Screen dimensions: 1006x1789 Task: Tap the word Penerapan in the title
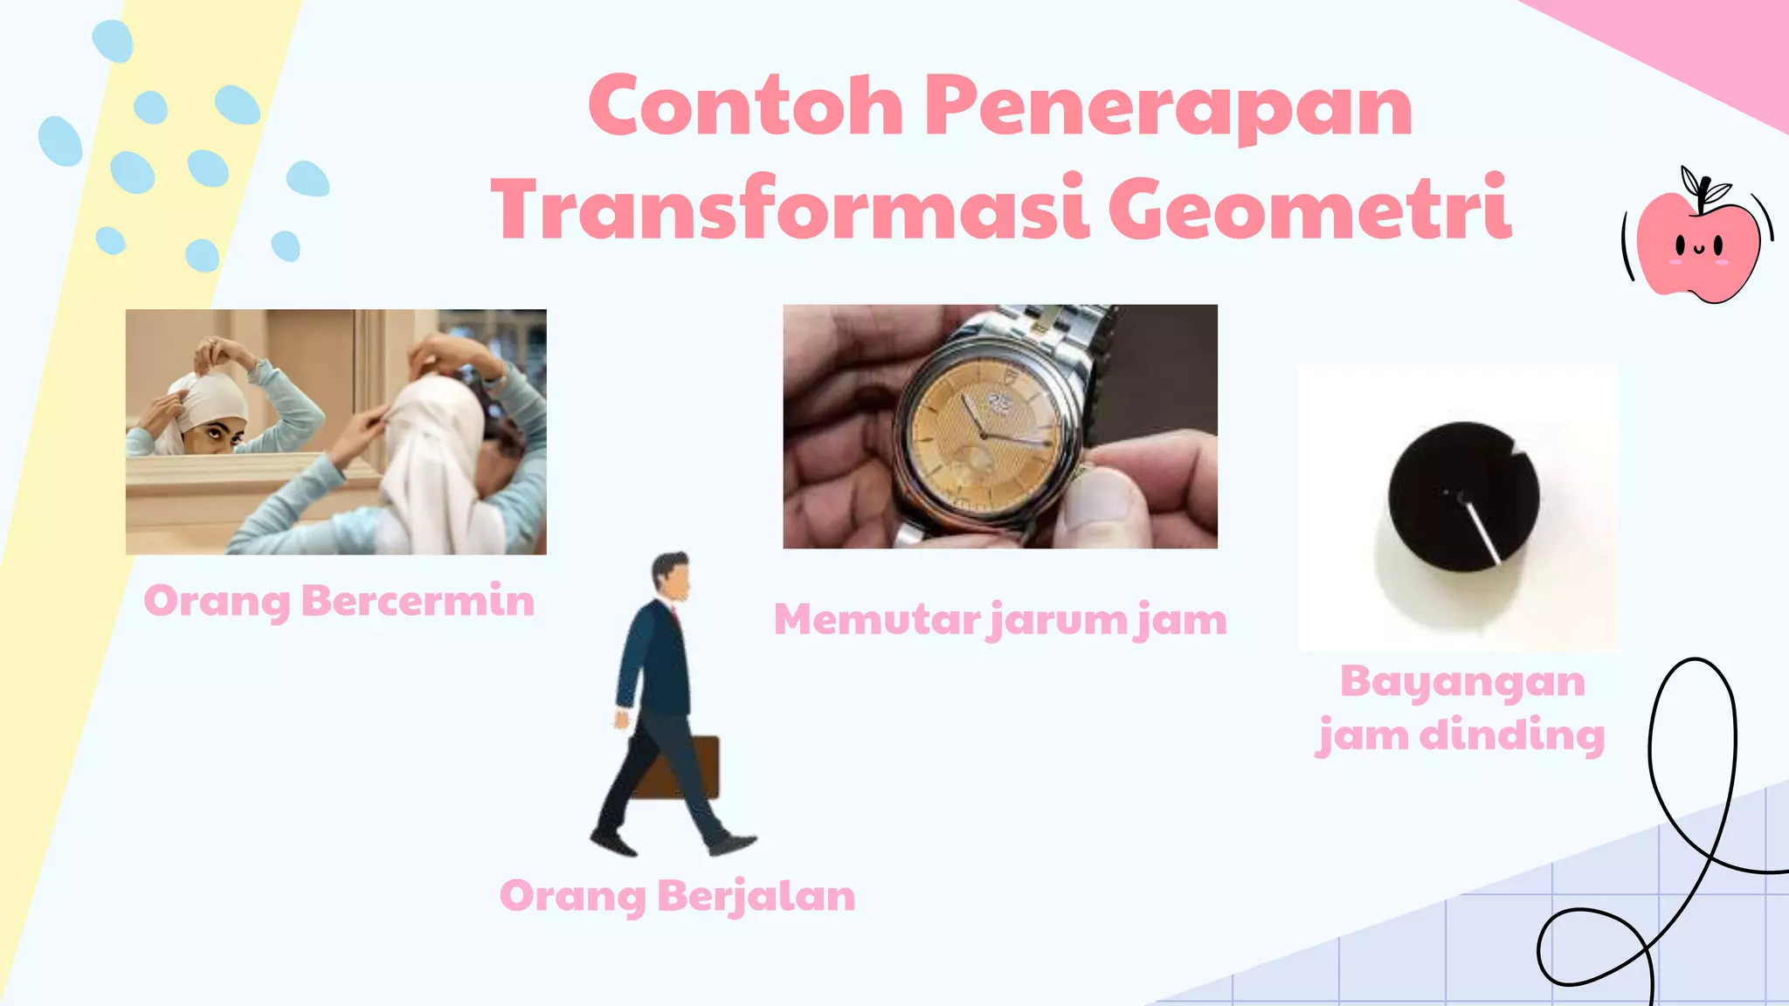tap(1168, 107)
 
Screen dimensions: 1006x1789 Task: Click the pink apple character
tap(1696, 245)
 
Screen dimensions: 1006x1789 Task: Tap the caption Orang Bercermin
tap(339, 602)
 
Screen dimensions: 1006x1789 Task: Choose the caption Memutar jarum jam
tap(1000, 620)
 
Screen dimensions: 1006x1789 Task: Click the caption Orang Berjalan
tap(677, 896)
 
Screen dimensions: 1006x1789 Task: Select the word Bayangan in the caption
tap(1462, 682)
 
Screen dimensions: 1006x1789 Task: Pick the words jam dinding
tap(1461, 735)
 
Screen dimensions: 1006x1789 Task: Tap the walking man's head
tap(671, 576)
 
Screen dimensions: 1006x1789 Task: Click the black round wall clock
tap(1463, 496)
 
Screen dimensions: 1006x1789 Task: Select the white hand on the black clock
tap(1483, 531)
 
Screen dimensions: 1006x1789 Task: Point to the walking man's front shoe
tap(732, 844)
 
